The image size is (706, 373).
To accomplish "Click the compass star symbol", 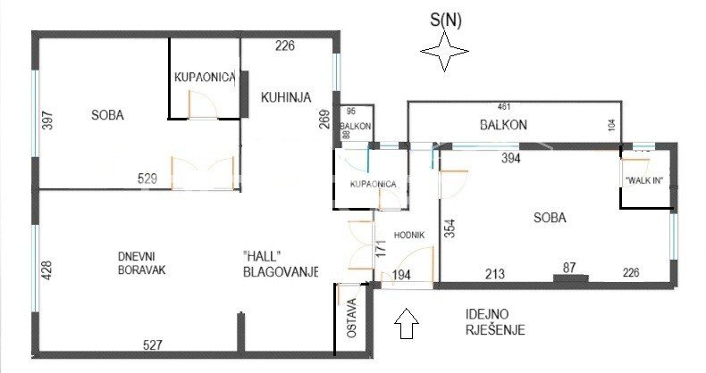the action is coord(444,51).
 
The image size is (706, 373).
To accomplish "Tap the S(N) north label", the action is coord(446,20).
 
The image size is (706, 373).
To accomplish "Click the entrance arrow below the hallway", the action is coord(407,323).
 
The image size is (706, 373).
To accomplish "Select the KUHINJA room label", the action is coord(286,97).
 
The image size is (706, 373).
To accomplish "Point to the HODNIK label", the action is coord(409,235).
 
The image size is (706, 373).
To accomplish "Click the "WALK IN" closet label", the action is coord(645,181).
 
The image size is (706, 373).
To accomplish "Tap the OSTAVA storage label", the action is coord(352,318).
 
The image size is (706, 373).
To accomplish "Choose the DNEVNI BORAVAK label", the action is coord(141,263).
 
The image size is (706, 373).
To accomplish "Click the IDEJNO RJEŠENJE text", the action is coord(495,322).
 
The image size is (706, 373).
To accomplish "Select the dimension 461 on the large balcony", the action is coord(504,106).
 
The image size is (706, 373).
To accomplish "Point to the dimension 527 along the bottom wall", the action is coord(152,344).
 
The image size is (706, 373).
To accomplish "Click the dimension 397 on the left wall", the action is coord(47,120).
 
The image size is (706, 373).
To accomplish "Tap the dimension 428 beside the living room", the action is coord(46,270).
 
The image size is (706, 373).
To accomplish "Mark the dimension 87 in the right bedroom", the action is coord(569,268).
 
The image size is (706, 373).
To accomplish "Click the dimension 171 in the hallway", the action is coord(381,248).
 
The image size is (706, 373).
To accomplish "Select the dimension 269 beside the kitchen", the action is coord(324,120).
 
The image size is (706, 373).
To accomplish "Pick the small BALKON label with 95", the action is coord(356,127).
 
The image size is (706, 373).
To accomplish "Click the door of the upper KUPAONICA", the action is coord(203,104).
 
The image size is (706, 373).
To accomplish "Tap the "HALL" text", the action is coord(262,256).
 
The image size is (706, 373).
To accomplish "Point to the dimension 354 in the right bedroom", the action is coord(450,228).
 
